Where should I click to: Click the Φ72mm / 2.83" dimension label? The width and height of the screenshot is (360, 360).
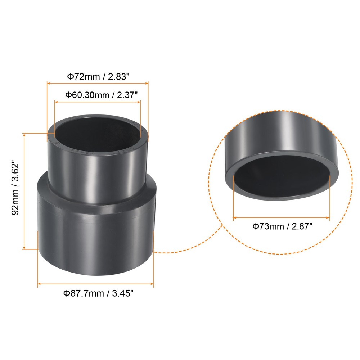98,76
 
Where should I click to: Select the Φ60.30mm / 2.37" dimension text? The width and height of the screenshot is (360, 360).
97,95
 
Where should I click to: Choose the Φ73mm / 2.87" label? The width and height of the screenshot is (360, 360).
282,226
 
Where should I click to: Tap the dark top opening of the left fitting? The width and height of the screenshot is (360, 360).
97,135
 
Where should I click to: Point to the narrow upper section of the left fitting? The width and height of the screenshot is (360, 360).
97,169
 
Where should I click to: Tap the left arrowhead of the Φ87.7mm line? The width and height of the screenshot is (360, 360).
39,284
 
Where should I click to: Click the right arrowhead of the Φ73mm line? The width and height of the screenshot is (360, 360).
328,217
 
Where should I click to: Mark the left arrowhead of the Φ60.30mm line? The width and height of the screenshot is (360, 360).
55,102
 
